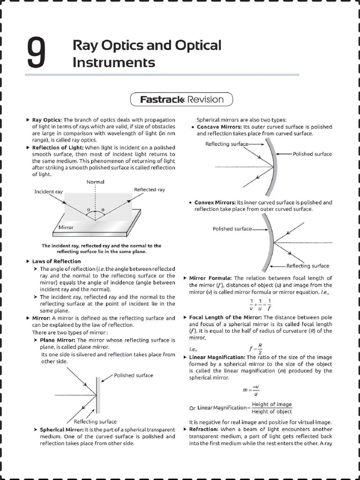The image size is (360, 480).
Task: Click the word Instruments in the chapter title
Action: point(113,62)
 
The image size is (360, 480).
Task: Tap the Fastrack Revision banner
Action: point(182,99)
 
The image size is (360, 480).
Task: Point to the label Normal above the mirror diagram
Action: point(96,181)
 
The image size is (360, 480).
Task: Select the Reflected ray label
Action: point(150,189)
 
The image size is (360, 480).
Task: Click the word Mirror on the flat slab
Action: point(66,227)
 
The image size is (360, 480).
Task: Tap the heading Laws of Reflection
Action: point(56,261)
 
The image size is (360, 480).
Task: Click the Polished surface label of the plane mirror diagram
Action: point(134,375)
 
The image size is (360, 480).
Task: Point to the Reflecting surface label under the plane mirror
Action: point(95,421)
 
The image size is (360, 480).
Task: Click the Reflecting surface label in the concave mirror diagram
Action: point(226,144)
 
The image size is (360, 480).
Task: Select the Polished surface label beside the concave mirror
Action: point(312,154)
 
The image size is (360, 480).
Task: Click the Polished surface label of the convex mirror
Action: point(232,229)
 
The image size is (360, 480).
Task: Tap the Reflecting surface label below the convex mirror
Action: point(307,266)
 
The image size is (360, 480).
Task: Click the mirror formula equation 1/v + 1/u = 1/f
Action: point(260,305)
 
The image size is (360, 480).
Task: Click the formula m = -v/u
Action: point(251,390)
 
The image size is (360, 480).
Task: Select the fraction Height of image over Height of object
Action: point(271,408)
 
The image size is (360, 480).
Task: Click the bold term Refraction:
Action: point(203,429)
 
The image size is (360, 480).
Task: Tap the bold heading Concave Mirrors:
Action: point(219,127)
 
